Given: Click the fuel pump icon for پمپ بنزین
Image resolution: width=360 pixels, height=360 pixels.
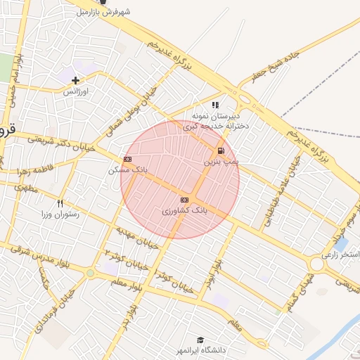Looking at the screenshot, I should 221,150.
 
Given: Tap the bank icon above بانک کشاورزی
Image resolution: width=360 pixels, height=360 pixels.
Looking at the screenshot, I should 184,200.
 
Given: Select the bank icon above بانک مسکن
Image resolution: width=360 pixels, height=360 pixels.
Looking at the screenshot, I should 127,160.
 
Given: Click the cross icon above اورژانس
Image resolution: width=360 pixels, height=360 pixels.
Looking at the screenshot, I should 75,80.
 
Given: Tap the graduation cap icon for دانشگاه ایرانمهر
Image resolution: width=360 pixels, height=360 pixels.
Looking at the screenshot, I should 200,340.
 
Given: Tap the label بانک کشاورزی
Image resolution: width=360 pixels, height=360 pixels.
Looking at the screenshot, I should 184,210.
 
